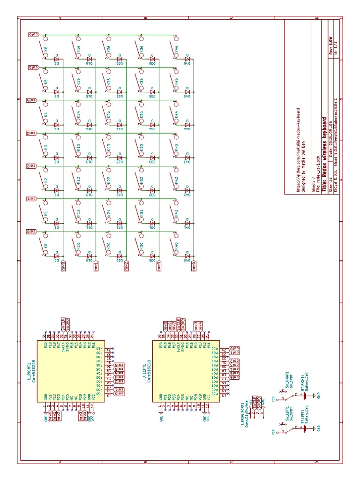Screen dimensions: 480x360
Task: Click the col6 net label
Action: click(x=32, y=35)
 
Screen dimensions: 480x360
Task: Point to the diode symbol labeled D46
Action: click(x=187, y=60)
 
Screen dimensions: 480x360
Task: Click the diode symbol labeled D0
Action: click(x=57, y=256)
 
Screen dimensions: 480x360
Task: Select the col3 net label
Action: click(x=32, y=133)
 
